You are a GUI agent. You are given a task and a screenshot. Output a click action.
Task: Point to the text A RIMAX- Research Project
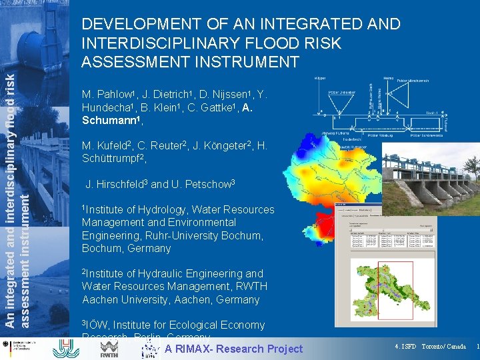(233, 349)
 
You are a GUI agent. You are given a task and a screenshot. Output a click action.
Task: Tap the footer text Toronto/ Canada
(443, 347)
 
